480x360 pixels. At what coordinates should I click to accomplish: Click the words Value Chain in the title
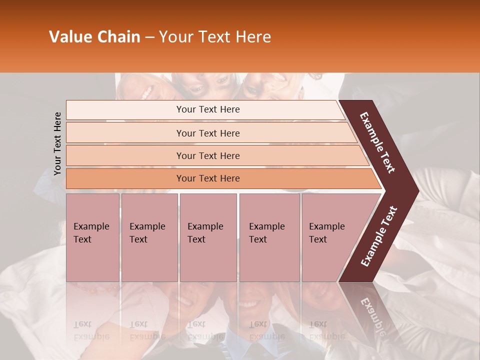94,37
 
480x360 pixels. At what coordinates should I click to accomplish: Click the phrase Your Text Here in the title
215,37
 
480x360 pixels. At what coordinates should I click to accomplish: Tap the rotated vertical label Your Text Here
57,143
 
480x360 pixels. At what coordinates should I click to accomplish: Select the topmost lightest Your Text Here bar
207,109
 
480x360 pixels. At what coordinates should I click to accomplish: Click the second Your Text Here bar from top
207,133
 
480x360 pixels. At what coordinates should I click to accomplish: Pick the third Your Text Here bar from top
207,155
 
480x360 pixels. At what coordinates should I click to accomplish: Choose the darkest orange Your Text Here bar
207,178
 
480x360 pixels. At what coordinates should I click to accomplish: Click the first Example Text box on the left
92,237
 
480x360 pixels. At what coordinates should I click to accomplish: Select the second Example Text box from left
149,237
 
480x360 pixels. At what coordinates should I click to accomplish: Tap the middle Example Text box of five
208,237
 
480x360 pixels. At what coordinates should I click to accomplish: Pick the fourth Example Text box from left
269,237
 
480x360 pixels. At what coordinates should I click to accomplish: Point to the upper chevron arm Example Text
377,142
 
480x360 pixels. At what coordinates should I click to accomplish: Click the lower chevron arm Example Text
379,236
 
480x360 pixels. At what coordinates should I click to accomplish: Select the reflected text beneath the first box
90,330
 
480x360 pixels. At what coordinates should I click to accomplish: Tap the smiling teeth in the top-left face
146,93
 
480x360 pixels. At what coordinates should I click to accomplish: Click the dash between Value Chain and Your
149,37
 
